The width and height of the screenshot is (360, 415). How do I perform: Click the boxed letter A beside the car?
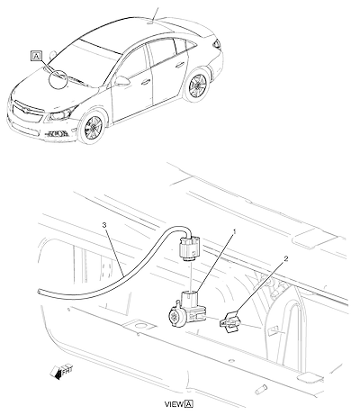pos(36,56)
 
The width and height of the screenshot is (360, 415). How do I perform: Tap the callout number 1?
pos(235,231)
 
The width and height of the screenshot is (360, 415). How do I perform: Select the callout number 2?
pos(286,258)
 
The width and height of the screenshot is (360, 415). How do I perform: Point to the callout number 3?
pos(104,225)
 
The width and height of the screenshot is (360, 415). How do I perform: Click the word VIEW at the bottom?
pos(174,404)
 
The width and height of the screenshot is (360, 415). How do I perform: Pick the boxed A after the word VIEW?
pos(189,404)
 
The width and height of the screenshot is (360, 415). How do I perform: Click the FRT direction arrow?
pos(61,371)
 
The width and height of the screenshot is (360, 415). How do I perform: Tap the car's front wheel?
pos(93,128)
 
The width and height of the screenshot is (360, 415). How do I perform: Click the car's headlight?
pos(61,113)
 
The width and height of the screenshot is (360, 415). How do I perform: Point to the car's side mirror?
pos(121,81)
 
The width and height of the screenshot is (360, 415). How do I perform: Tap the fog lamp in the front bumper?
pos(56,134)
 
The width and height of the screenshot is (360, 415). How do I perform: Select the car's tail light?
pos(217,44)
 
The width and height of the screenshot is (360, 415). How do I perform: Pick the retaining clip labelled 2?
pos(229,321)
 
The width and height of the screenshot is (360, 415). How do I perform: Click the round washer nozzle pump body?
pos(175,315)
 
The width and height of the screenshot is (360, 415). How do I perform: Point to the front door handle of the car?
pos(146,81)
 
